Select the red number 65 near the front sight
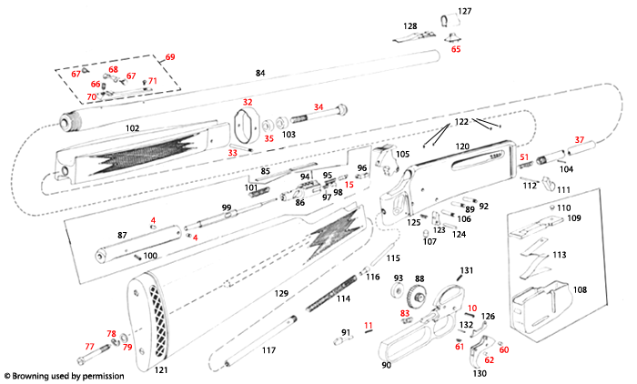pos(456,49)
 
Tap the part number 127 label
pos(465,11)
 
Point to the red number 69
pos(170,57)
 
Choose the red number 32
pos(248,102)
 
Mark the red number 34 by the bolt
pos(318,106)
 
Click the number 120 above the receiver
pos(462,147)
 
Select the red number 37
pos(579,139)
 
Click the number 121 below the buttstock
pos(162,370)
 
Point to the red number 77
pos(89,347)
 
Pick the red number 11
pos(368,325)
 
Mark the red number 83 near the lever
pos(406,312)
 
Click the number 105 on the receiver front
pos(401,155)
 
